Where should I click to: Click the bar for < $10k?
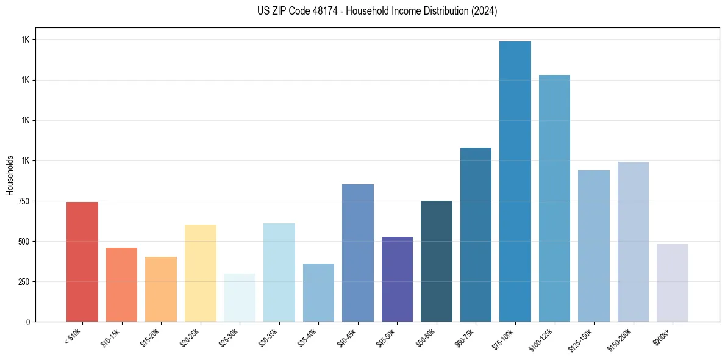(82, 262)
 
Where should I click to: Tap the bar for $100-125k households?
(554, 198)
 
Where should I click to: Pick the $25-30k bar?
(240, 298)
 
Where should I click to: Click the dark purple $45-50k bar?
(397, 279)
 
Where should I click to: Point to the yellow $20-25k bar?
(201, 273)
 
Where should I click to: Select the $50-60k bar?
(437, 261)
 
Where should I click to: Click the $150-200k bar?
(633, 242)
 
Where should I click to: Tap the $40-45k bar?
(358, 253)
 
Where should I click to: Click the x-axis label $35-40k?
(309, 338)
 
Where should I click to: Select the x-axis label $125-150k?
(583, 340)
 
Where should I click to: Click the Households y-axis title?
(10, 175)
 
